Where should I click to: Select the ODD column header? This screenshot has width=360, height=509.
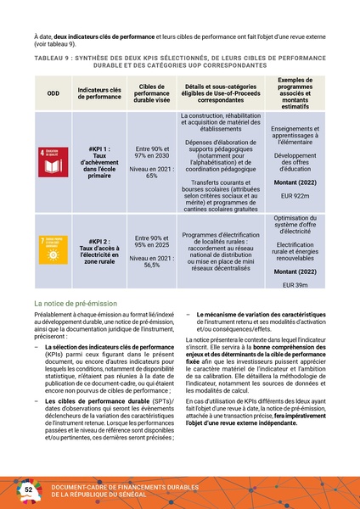pyautogui.click(x=54, y=92)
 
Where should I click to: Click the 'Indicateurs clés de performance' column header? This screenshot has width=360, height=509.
pyautogui.click(x=99, y=92)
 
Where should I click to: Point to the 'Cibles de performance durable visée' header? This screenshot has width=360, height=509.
pyautogui.click(x=152, y=92)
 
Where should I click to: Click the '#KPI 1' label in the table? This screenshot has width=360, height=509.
pyautogui.click(x=99, y=147)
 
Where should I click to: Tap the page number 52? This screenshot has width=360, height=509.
pyautogui.click(x=27, y=490)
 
